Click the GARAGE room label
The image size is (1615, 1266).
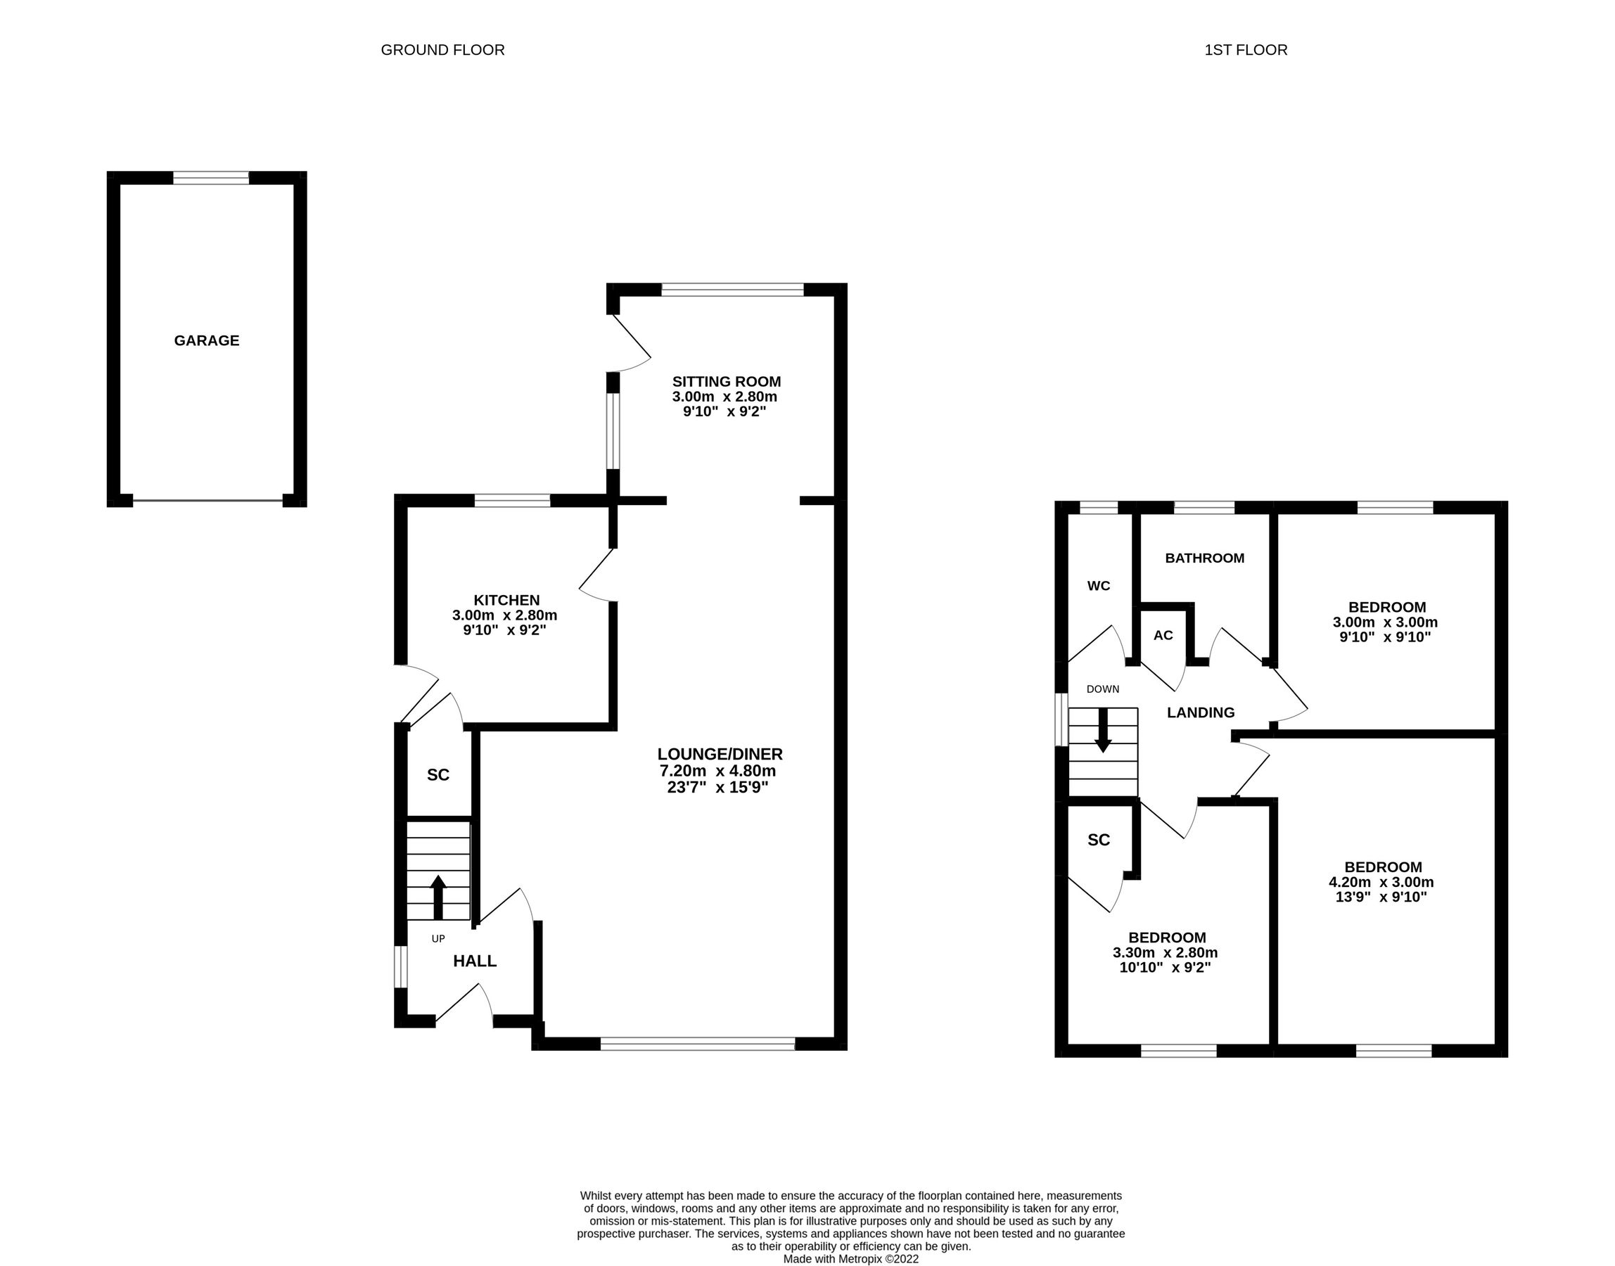pyautogui.click(x=206, y=341)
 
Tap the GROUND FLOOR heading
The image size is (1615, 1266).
pyautogui.click(x=442, y=50)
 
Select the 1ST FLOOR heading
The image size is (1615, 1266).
pyautogui.click(x=1245, y=50)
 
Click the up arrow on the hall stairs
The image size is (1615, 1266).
pyautogui.click(x=438, y=897)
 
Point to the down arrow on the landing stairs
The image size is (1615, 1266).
pyautogui.click(x=1103, y=731)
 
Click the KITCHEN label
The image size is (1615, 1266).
pyautogui.click(x=506, y=601)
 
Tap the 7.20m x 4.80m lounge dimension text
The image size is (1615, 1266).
pyautogui.click(x=717, y=771)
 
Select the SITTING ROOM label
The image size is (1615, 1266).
pyautogui.click(x=726, y=382)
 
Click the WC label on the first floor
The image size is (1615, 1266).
pyautogui.click(x=1098, y=587)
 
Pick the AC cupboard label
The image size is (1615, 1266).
pyautogui.click(x=1163, y=635)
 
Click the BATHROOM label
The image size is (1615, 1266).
pyautogui.click(x=1204, y=558)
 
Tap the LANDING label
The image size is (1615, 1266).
pyautogui.click(x=1200, y=713)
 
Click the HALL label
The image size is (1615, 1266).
pyautogui.click(x=474, y=961)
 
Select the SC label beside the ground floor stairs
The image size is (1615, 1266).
pyautogui.click(x=438, y=775)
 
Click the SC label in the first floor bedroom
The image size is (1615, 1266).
pyautogui.click(x=1098, y=840)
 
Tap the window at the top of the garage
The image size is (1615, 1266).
pyautogui.click(x=210, y=178)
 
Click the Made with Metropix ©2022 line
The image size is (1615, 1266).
pyautogui.click(x=850, y=1258)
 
